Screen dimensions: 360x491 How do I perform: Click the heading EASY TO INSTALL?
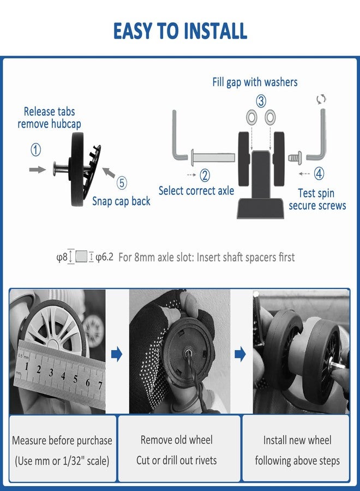coord(180,31)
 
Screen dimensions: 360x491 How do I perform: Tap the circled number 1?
coord(35,149)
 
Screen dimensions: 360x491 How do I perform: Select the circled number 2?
coord(205,175)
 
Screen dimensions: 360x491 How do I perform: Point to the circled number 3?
coord(261,101)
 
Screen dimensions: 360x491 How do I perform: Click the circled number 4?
coord(319,173)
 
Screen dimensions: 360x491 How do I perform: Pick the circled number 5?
coord(122,183)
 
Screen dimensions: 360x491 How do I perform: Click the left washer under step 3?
coord(251,117)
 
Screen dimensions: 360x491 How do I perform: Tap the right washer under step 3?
coord(270,117)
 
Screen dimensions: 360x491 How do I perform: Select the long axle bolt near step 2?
coord(213,156)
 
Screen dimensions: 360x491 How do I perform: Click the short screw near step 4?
coord(295,157)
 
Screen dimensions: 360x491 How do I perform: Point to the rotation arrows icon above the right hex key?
coord(321,99)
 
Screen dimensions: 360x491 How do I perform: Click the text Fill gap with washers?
coord(255,82)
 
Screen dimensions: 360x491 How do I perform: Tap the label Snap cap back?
coord(121,201)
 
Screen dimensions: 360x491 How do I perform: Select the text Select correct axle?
coord(196,191)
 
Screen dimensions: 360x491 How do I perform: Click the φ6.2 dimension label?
coord(104,257)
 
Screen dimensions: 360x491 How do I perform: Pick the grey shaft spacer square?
coord(81,256)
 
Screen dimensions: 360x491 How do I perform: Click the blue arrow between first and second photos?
coord(117,354)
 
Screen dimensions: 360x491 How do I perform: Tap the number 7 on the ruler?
coord(100,385)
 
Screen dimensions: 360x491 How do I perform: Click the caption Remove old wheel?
coord(177,440)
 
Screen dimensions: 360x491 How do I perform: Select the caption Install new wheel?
coord(297,440)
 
